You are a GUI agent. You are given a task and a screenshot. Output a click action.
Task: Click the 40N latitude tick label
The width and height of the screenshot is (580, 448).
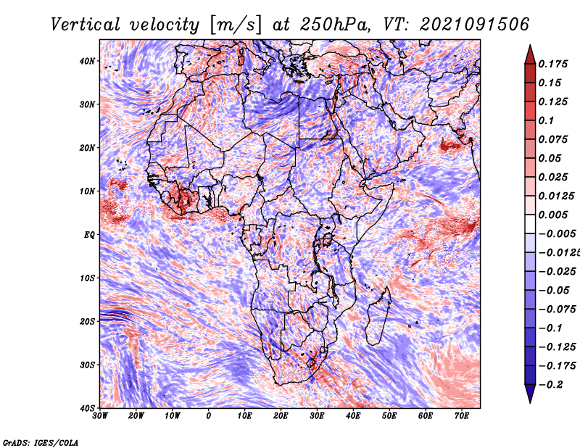(87, 61)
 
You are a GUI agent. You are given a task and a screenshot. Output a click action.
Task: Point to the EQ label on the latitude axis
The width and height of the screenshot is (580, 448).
(89, 235)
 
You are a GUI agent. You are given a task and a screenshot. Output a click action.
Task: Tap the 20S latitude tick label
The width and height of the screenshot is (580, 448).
(87, 321)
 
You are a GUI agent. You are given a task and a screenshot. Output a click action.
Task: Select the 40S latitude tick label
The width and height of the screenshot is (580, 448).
(87, 408)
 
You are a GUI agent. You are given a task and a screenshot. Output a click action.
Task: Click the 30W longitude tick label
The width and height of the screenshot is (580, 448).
(100, 416)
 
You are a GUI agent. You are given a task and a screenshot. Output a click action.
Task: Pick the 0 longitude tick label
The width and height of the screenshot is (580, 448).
(209, 416)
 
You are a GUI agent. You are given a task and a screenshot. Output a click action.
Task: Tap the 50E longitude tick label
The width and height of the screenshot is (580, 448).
(389, 416)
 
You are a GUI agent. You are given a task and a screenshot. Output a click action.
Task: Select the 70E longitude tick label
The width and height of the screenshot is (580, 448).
(462, 416)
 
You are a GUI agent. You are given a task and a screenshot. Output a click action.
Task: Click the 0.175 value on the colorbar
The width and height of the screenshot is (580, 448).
(552, 64)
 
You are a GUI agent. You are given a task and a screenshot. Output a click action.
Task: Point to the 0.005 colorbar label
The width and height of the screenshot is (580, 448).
(552, 215)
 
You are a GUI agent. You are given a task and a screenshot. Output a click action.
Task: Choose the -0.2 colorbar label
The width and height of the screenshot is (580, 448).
(550, 385)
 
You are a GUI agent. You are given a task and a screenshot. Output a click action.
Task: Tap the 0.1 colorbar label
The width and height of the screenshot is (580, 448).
(546, 120)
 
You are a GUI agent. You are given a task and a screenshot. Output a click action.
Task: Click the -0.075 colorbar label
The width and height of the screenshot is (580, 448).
(557, 310)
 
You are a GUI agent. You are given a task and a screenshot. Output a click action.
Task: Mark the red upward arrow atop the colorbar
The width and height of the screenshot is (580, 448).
(530, 56)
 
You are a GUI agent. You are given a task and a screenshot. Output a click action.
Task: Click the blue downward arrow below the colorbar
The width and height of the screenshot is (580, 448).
(530, 393)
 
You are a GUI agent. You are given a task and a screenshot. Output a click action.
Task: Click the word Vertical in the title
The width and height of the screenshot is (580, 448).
(86, 25)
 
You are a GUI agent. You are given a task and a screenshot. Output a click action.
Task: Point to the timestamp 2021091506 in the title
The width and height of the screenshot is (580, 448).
(475, 25)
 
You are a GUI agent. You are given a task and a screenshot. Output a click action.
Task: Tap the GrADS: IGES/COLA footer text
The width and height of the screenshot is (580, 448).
(41, 443)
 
